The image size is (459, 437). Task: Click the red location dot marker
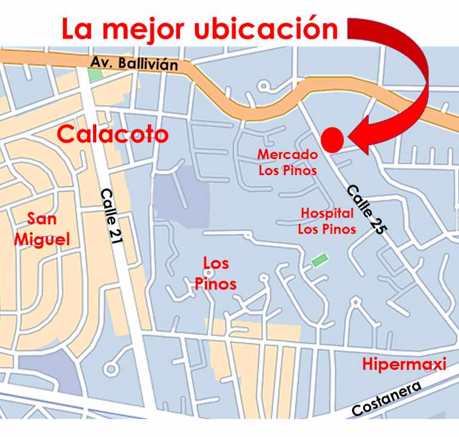tap(332, 139)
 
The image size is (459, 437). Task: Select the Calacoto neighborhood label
tap(112, 135)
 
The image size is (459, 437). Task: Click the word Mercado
tap(287, 154)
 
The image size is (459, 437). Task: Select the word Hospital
tap(327, 213)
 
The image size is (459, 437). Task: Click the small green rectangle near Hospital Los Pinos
tap(320, 261)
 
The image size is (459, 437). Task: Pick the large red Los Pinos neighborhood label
tap(216, 273)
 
